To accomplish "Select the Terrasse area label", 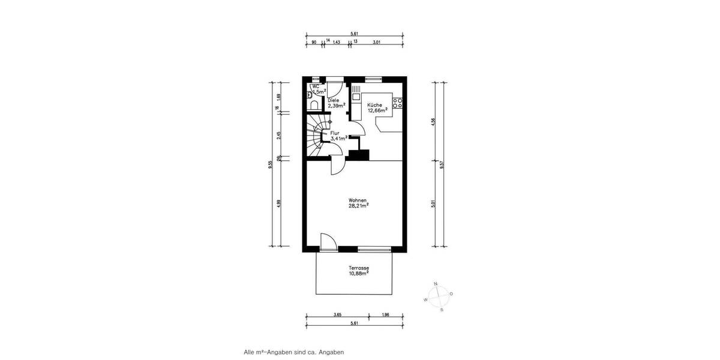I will click(x=358, y=271).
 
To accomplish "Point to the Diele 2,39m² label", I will click(x=335, y=103).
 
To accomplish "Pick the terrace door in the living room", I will click(x=328, y=241).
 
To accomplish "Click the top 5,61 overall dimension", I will click(x=355, y=34).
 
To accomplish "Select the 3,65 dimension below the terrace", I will click(x=338, y=314).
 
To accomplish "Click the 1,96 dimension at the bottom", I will click(x=386, y=314).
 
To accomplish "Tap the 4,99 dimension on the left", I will click(x=278, y=204).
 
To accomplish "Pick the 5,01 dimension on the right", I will click(x=433, y=204).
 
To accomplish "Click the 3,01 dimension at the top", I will click(x=376, y=41).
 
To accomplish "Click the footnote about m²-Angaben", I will click(x=293, y=352).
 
